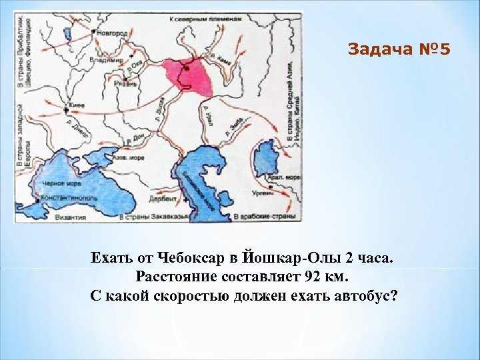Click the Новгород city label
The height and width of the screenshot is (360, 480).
pos(112,32)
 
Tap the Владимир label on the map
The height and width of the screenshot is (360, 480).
pos(109,59)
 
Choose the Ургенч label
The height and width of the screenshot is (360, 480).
pos(262,193)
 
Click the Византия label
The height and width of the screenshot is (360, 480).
pos(71,217)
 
